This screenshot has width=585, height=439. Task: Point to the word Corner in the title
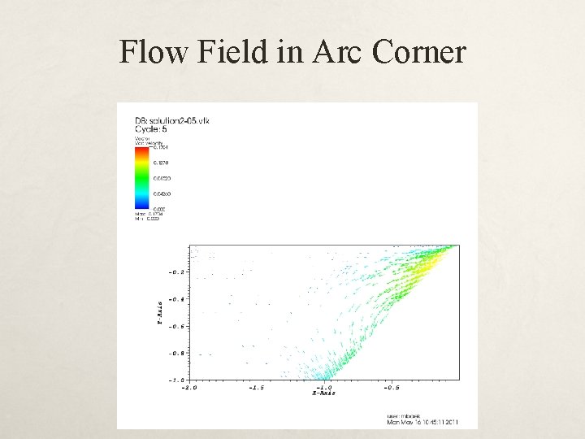[x=418, y=53]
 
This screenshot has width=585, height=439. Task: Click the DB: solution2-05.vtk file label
[x=172, y=120]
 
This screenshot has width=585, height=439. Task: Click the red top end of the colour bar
[x=142, y=150]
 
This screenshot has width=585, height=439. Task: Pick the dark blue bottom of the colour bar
[x=142, y=206]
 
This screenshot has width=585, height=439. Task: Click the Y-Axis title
[x=160, y=313]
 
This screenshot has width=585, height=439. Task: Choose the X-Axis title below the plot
[x=324, y=393]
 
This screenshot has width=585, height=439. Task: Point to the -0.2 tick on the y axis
[x=176, y=272]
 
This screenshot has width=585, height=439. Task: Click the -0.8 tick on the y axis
[x=176, y=354]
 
